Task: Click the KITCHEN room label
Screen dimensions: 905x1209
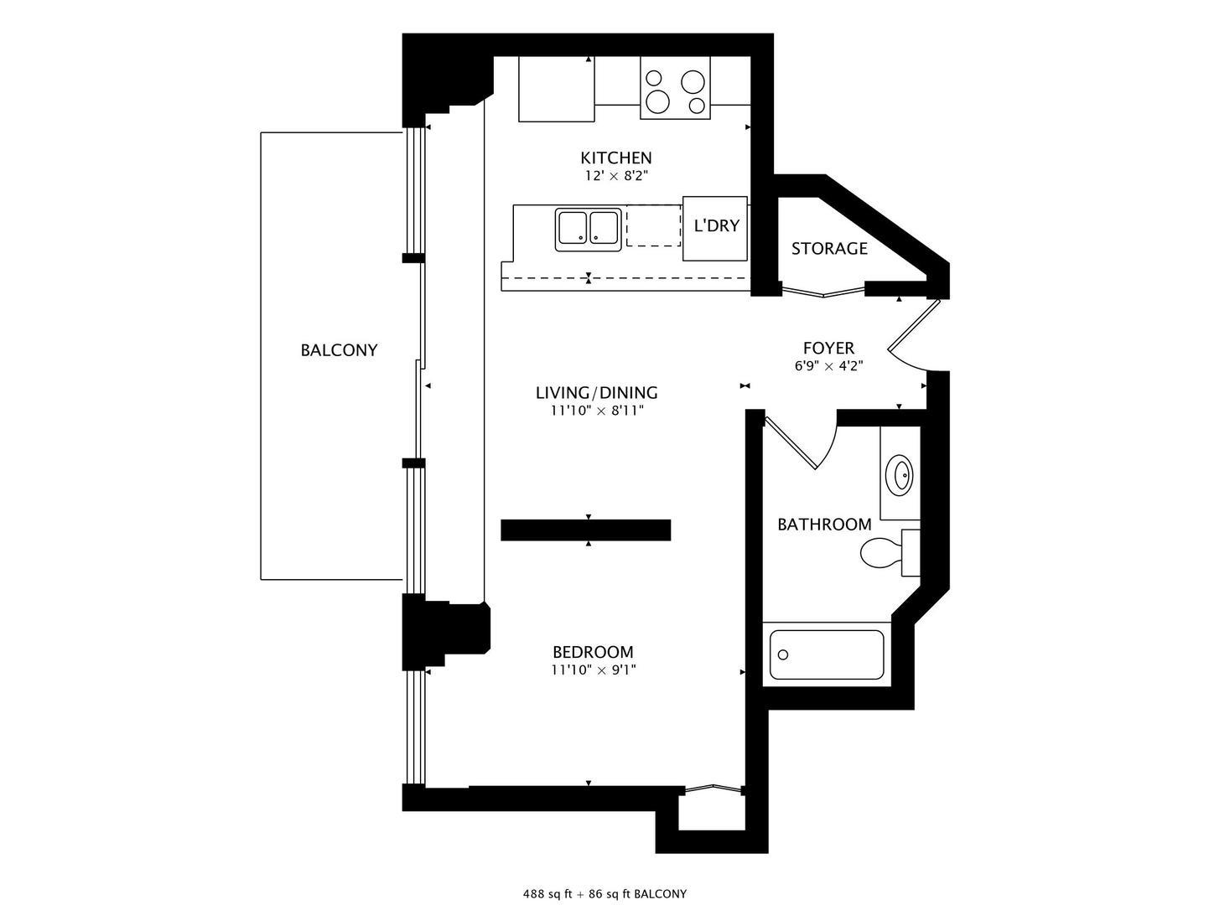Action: click(616, 158)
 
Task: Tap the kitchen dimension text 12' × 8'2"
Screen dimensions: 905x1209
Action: click(616, 176)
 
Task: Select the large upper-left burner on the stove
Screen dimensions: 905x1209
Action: click(655, 80)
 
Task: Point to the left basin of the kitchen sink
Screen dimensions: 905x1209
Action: click(573, 228)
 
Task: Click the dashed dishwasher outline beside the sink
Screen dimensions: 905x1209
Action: click(654, 225)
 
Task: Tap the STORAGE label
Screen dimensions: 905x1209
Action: click(829, 248)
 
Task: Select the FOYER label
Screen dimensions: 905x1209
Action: click(828, 348)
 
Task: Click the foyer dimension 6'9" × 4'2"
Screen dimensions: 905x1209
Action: click(828, 366)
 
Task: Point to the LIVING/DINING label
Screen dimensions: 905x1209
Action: click(596, 392)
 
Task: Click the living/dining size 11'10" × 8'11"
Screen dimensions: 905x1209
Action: click(596, 411)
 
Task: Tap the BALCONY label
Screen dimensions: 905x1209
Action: click(339, 350)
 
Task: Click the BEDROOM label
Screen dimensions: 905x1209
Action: click(593, 652)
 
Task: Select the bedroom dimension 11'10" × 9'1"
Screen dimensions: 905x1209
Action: click(593, 670)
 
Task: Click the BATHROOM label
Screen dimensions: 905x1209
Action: click(824, 525)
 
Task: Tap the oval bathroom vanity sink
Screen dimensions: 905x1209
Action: click(901, 474)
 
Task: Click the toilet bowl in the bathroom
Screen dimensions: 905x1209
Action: click(880, 553)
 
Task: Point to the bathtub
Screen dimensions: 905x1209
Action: click(827, 654)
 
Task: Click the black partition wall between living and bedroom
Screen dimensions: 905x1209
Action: click(585, 530)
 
